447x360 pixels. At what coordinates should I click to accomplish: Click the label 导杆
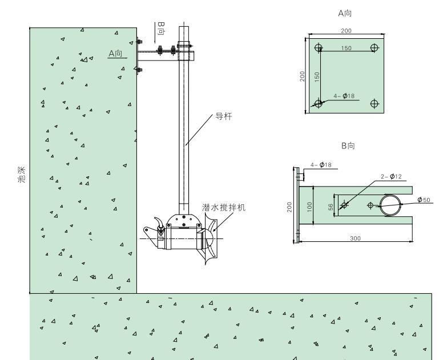(x=224, y=116)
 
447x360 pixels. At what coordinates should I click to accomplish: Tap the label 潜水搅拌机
(x=224, y=207)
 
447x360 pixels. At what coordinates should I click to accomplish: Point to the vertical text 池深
(x=22, y=175)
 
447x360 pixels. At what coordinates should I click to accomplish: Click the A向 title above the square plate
(x=345, y=13)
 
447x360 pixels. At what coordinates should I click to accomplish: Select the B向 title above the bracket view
(x=348, y=146)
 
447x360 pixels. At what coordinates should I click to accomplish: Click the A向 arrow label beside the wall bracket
(x=115, y=53)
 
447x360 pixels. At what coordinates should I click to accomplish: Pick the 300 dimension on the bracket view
(x=355, y=238)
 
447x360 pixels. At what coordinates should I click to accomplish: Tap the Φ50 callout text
(x=424, y=200)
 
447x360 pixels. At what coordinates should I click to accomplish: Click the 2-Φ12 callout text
(x=391, y=177)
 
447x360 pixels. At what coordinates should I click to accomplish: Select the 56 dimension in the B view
(x=331, y=207)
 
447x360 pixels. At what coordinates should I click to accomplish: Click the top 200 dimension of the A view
(x=346, y=30)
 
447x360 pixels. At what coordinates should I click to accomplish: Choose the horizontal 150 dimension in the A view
(x=347, y=48)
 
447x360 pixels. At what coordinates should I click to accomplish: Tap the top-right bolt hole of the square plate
(x=374, y=48)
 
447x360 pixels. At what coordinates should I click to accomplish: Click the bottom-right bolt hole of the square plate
(x=374, y=103)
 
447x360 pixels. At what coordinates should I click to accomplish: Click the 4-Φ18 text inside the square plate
(x=344, y=96)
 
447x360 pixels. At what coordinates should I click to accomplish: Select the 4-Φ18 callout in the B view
(x=321, y=165)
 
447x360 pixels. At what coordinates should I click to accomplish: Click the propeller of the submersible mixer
(x=211, y=239)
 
